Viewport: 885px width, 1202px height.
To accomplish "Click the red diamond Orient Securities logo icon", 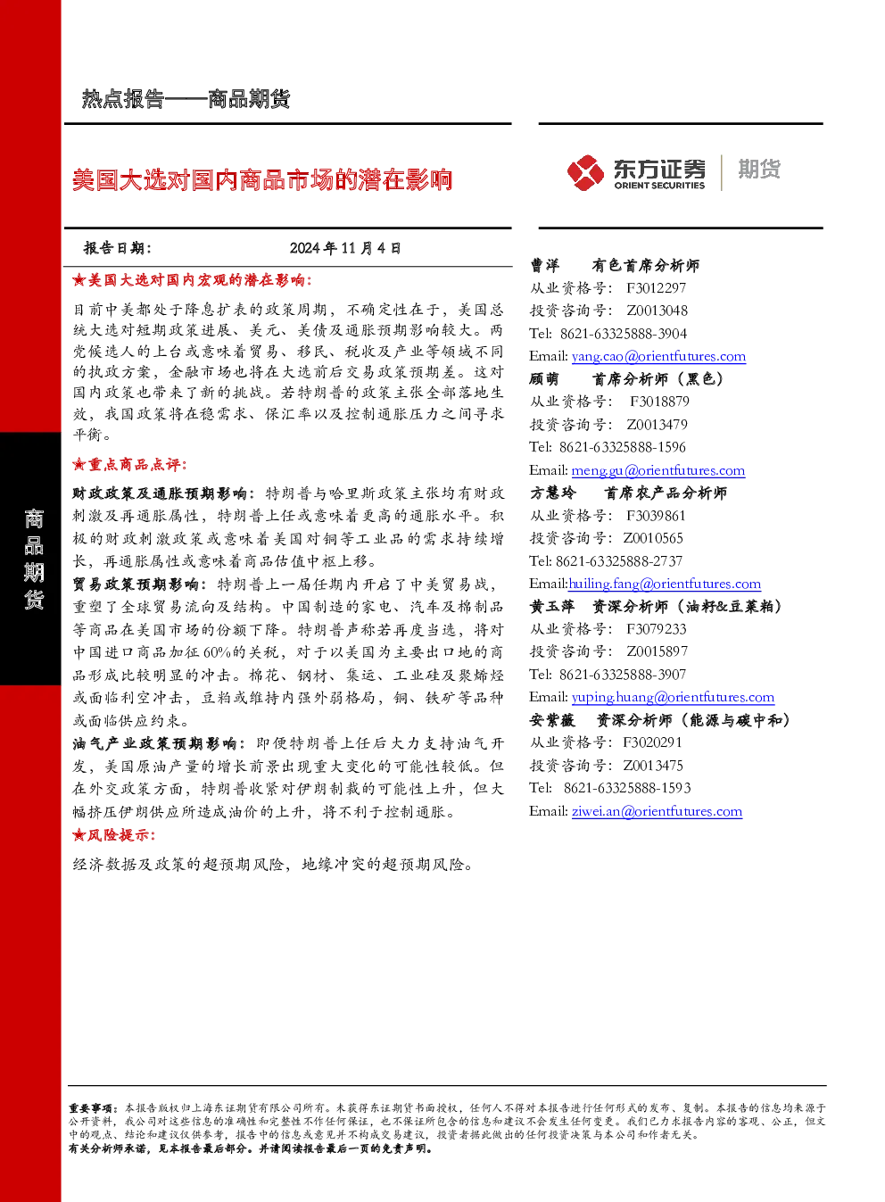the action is [x=585, y=172].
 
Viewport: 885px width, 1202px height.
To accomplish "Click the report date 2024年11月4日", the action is [x=345, y=248].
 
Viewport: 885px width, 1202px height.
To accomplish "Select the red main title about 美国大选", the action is [x=262, y=179].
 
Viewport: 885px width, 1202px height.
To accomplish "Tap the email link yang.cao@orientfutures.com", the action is [x=658, y=356].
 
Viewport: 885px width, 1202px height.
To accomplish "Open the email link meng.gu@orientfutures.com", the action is [x=658, y=470].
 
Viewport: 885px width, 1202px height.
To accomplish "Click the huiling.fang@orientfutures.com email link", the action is [x=665, y=584].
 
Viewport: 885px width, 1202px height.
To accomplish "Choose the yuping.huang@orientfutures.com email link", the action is [x=673, y=697].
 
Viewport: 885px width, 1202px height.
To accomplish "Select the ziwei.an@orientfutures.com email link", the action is [x=657, y=811].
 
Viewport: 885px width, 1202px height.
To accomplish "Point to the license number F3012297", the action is [x=656, y=288].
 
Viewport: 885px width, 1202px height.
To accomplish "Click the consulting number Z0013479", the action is [x=657, y=425].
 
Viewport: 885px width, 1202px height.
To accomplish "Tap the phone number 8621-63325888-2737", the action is [x=619, y=561].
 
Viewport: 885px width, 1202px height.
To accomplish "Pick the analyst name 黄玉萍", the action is [x=551, y=607].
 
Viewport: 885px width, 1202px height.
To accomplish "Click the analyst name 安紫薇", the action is [x=551, y=720].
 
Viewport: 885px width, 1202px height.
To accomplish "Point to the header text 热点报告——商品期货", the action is [x=186, y=99].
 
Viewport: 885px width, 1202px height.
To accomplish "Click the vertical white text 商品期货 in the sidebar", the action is [x=34, y=559].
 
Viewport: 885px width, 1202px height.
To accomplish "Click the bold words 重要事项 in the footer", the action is [x=90, y=1107].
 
